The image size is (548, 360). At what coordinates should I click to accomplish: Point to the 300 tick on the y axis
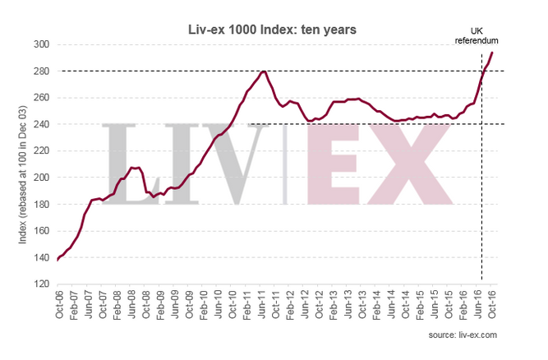coord(40,44)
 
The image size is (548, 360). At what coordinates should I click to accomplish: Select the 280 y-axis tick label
coord(40,71)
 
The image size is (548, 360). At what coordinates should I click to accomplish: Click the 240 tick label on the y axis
coord(40,124)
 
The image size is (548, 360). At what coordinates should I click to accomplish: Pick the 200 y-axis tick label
coord(40,178)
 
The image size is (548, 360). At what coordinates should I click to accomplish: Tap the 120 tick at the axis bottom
coord(40,284)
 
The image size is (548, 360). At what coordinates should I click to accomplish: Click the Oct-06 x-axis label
coord(59,303)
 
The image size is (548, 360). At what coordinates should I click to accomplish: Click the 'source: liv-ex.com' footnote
coord(463,335)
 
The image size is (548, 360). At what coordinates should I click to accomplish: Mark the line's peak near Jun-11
coord(263,72)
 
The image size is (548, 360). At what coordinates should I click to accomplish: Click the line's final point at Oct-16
coord(492,53)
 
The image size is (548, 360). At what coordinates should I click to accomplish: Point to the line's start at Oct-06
coord(58,260)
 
